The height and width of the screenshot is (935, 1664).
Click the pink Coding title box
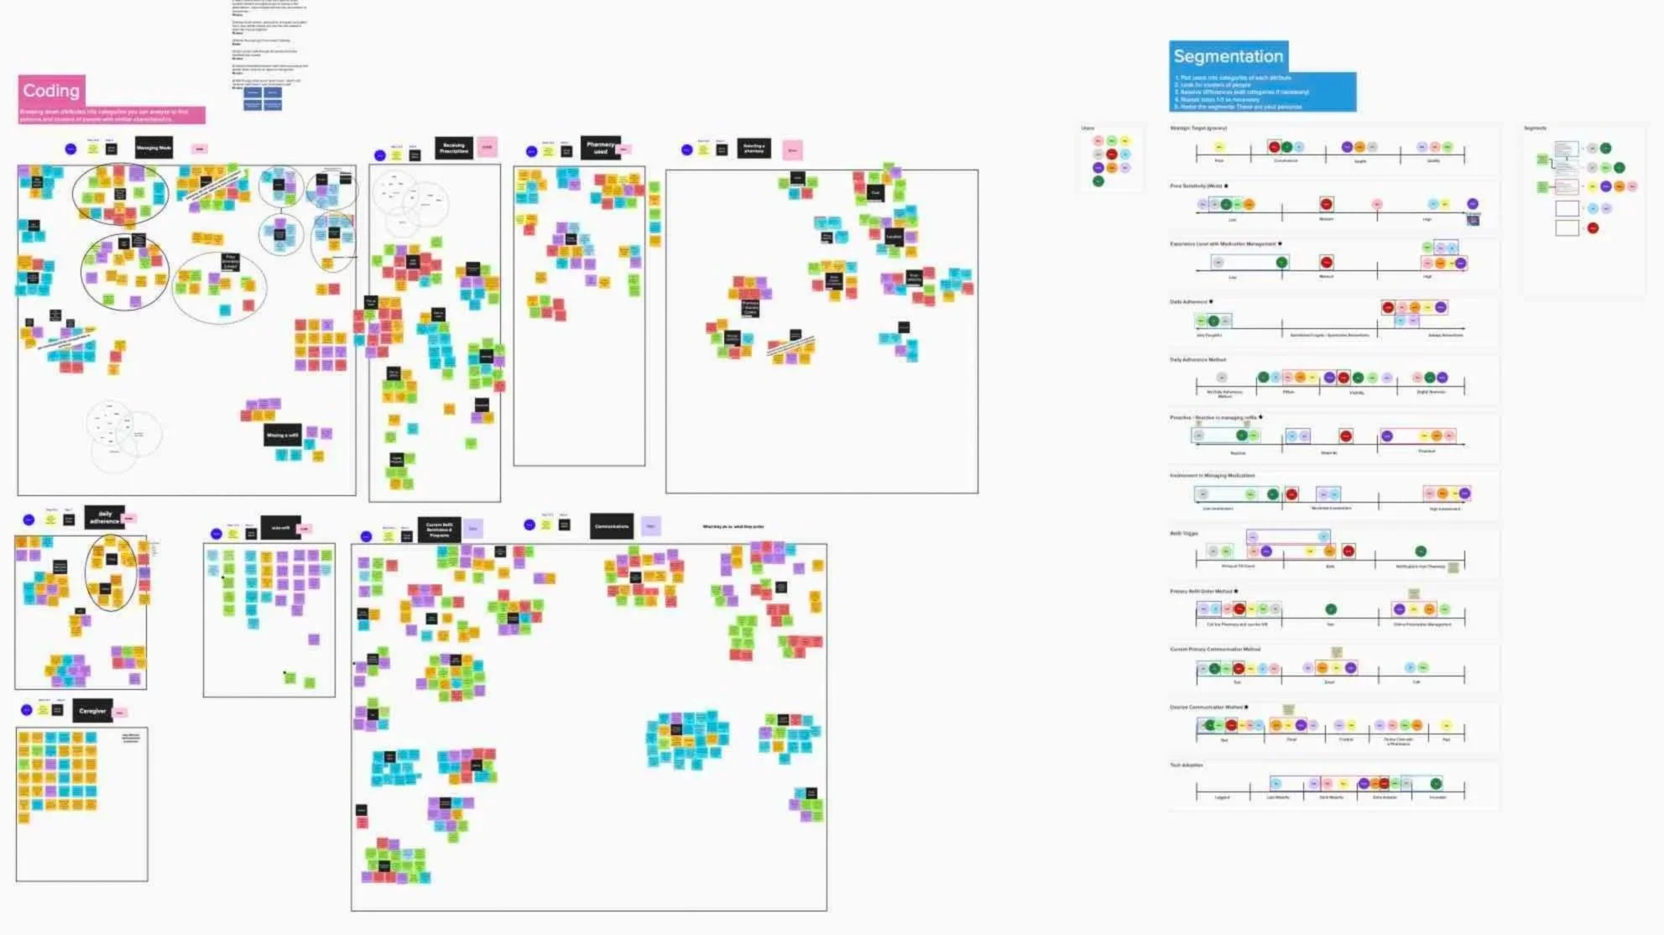tap(51, 91)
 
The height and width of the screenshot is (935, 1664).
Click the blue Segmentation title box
tap(1228, 56)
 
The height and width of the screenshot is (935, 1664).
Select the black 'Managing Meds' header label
tap(154, 148)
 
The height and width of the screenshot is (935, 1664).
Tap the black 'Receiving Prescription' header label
tap(454, 148)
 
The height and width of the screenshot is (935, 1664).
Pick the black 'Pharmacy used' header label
tap(600, 148)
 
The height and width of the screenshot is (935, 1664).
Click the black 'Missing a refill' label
tap(282, 435)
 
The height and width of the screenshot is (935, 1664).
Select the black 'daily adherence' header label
tap(105, 516)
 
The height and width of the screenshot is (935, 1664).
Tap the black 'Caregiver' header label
tap(92, 711)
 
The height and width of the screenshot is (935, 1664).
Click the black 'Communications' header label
tap(612, 526)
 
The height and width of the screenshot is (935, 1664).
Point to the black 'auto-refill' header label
tap(280, 528)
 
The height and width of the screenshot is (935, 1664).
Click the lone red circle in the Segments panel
tap(1593, 228)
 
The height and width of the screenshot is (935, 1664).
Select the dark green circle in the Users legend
tap(1098, 181)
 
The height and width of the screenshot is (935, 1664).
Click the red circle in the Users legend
tap(1112, 154)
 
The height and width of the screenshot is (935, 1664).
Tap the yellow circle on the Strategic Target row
tap(1219, 147)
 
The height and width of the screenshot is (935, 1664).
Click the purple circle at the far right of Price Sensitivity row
tap(1472, 204)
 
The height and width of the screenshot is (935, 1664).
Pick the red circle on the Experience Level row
tap(1326, 262)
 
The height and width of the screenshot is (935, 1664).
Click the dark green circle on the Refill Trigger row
tap(1421, 551)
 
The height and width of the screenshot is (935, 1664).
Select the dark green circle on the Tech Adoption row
tap(1436, 784)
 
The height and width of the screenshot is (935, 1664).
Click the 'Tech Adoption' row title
tap(1187, 765)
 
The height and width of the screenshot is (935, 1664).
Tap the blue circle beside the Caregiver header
tap(27, 710)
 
